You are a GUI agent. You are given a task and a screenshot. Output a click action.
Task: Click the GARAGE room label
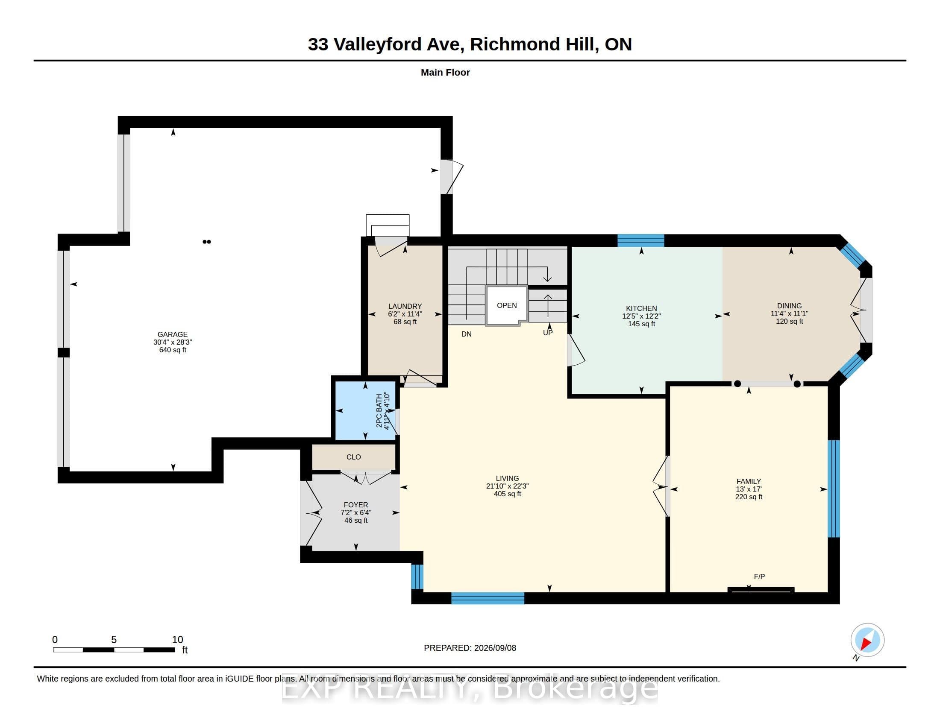[173, 334]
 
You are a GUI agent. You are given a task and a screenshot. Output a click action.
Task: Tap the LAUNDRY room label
[405, 306]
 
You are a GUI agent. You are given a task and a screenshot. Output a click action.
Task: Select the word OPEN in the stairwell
[507, 305]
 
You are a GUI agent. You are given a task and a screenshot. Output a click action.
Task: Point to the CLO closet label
[354, 457]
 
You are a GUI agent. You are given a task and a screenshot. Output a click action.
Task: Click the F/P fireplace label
[759, 577]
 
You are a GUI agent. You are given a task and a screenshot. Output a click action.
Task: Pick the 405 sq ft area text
[508, 494]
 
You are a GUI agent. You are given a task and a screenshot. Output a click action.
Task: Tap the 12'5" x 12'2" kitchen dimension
[641, 316]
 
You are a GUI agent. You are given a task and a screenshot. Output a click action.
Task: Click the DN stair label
[467, 334]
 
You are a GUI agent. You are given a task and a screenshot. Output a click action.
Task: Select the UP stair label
[547, 332]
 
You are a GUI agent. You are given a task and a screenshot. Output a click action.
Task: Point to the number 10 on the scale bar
[177, 640]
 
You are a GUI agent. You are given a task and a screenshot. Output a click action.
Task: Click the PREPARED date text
[470, 648]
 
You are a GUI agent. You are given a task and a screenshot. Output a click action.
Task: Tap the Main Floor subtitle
[445, 72]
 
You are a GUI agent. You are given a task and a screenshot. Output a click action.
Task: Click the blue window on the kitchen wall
[640, 240]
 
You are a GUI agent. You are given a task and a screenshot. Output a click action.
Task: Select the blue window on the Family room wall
[834, 489]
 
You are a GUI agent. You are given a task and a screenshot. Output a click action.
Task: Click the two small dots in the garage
[207, 242]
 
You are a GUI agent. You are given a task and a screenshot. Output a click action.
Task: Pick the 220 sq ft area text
[749, 497]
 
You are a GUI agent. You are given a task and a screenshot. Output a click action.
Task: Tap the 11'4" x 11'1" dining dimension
[789, 313]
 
